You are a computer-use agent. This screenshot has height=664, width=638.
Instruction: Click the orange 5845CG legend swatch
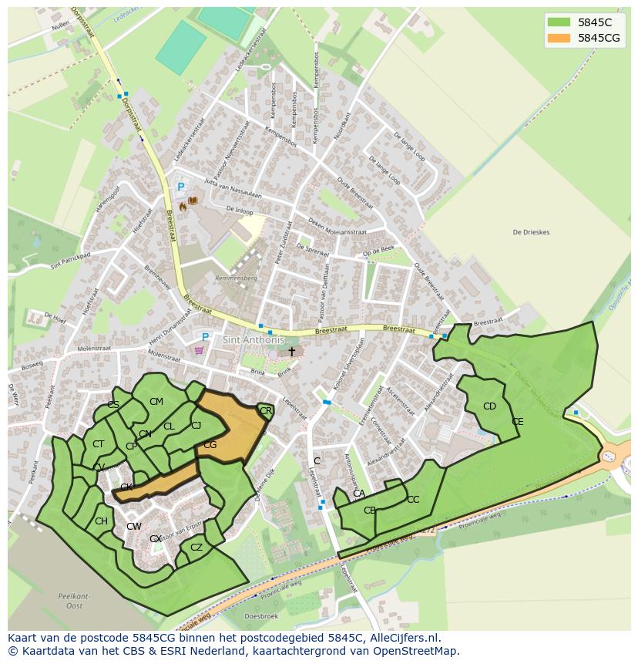point(559,38)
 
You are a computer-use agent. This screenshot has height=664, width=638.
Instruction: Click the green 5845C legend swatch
point(559,22)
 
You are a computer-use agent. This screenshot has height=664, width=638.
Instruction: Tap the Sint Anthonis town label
point(254,340)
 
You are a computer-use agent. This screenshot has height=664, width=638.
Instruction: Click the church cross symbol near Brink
point(291,352)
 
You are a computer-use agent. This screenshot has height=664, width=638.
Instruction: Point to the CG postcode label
point(210,445)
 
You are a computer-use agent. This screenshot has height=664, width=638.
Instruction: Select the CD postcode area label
point(489,406)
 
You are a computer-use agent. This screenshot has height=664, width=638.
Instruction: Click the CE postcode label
point(517,422)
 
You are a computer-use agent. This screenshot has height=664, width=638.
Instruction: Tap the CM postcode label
point(156,402)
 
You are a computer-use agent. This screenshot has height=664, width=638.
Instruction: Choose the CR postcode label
point(266,412)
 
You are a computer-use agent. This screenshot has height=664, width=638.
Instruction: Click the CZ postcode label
point(196,548)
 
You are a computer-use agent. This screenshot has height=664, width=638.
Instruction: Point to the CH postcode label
point(101,521)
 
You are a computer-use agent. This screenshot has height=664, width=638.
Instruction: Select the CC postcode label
point(413,500)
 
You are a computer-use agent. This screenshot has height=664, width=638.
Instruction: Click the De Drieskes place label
point(531,232)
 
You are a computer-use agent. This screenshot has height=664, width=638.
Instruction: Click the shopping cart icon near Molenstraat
point(200,350)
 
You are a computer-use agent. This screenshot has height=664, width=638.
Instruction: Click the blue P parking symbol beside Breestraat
point(181,187)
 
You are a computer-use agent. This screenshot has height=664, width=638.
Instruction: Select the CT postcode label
point(98,444)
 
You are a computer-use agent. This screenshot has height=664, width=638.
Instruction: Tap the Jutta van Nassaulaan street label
point(233,190)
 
